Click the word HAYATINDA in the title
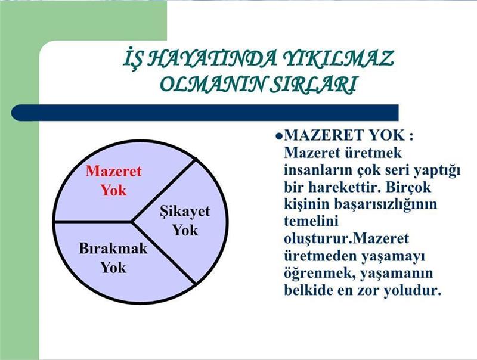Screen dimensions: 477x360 pyautogui.click(x=212, y=58)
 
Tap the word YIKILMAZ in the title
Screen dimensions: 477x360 pyautogui.click(x=338, y=58)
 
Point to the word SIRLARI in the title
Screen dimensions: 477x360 pyautogui.click(x=314, y=83)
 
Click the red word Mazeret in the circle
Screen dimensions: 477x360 pyautogui.click(x=113, y=171)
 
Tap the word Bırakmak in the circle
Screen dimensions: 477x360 pyautogui.click(x=113, y=249)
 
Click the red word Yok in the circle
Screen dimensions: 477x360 pyautogui.click(x=113, y=190)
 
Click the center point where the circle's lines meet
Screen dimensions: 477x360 pyautogui.click(x=131, y=221)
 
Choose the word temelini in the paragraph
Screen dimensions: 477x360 pyautogui.click(x=311, y=221)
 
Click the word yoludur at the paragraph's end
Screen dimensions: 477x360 pyautogui.click(x=412, y=290)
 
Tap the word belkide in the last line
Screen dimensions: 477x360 pyautogui.click(x=308, y=290)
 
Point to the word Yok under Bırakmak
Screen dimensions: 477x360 pyautogui.click(x=113, y=268)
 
